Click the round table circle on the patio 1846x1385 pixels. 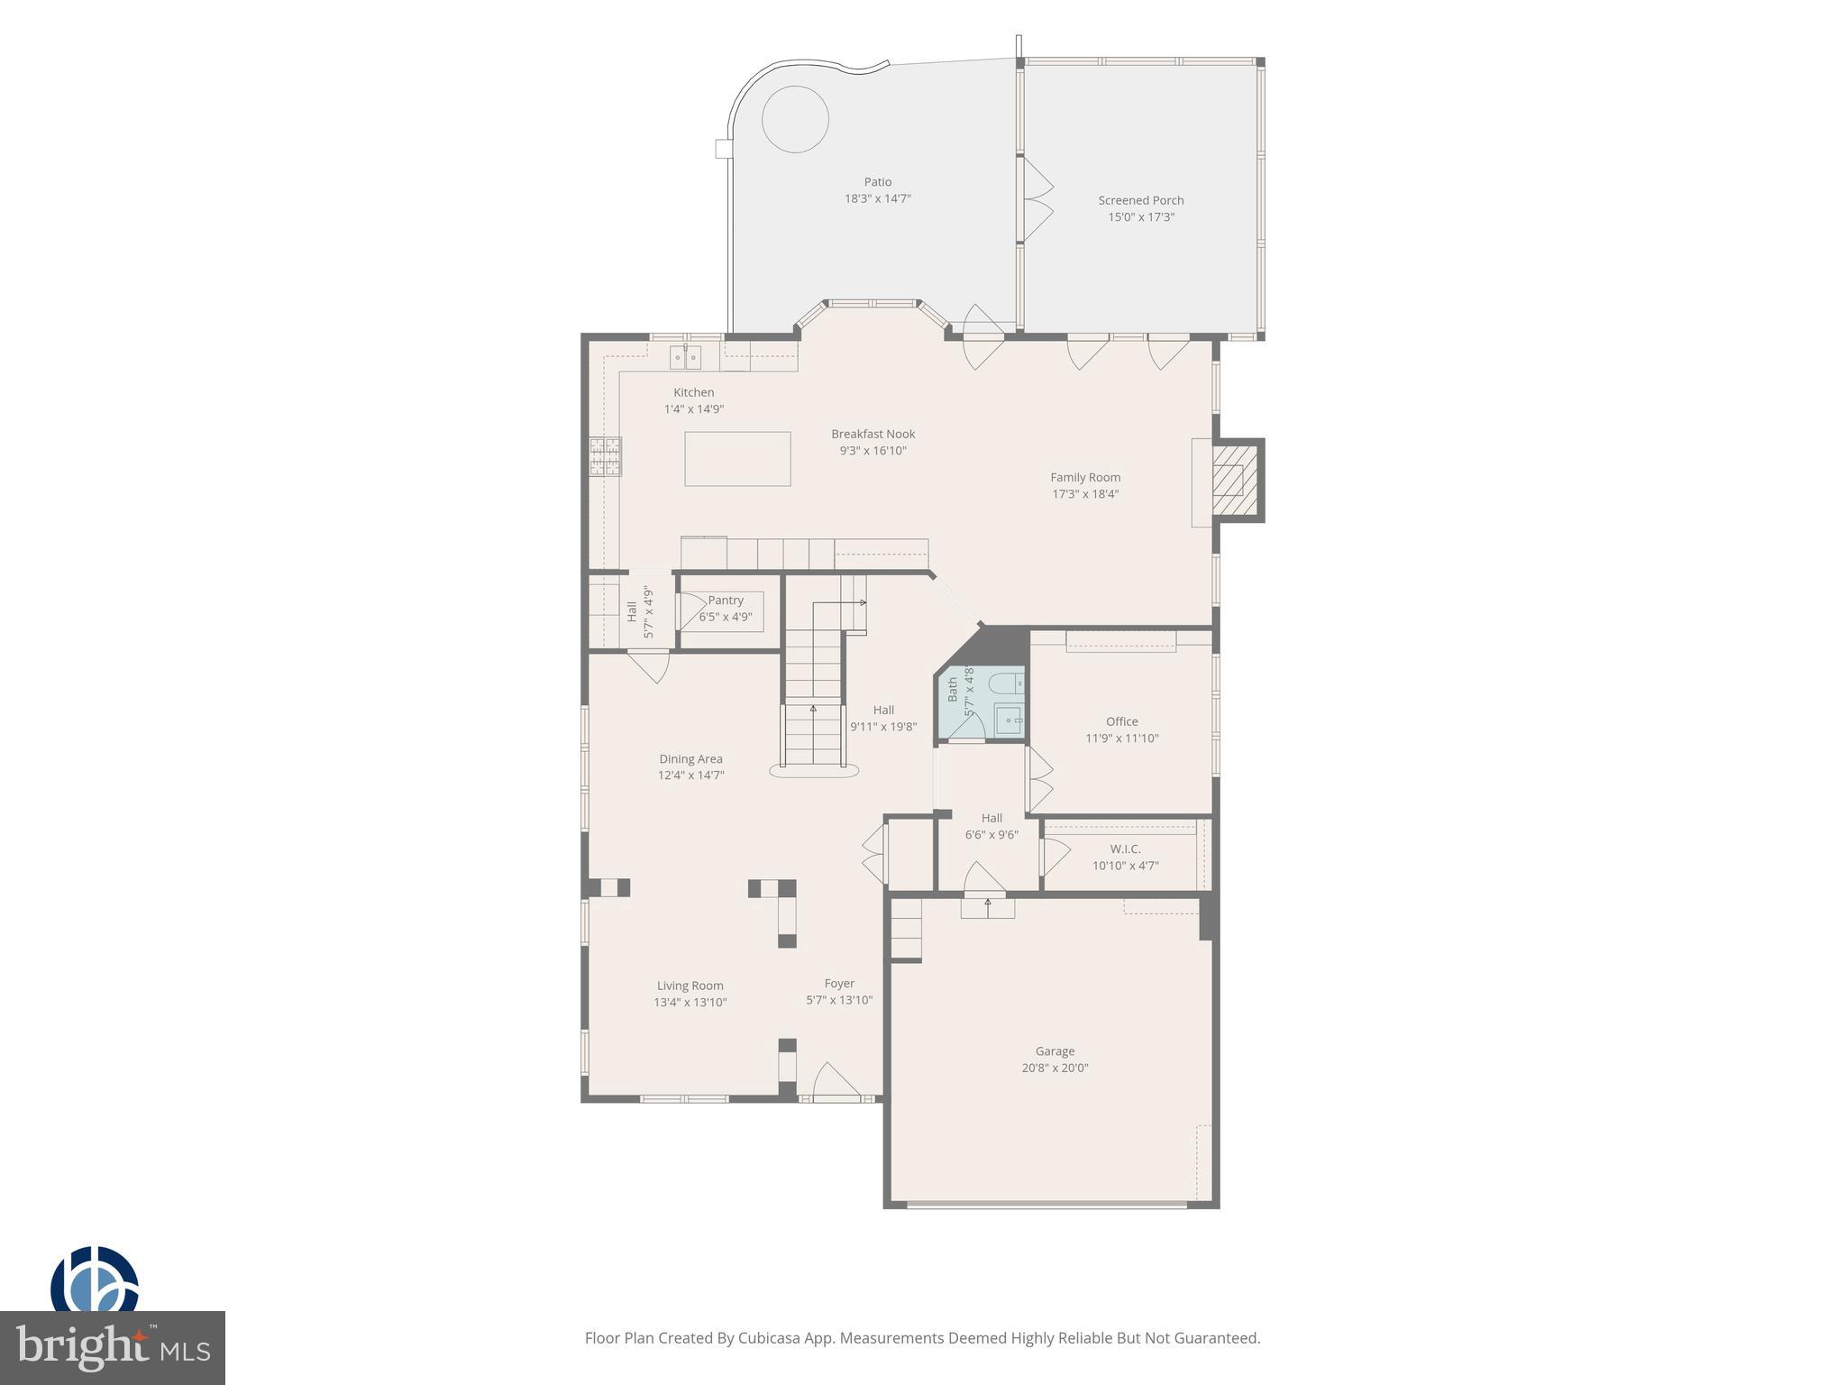(x=795, y=120)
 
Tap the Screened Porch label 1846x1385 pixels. (x=1140, y=200)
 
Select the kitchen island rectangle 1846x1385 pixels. (x=737, y=459)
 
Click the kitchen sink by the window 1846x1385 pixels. (x=685, y=358)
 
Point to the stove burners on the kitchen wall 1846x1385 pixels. (x=606, y=455)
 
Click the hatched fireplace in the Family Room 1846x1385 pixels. (x=1228, y=481)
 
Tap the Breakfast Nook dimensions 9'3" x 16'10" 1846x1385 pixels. (x=873, y=451)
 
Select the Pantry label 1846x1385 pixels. (x=726, y=601)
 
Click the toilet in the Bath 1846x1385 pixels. (x=1005, y=685)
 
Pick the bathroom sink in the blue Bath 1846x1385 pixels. (x=1010, y=720)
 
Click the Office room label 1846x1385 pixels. (x=1121, y=721)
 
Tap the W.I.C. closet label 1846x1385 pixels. (x=1125, y=849)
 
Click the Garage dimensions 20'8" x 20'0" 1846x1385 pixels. (x=1055, y=1068)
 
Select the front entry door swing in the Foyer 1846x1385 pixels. (x=834, y=1082)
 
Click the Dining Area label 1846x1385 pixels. (x=690, y=759)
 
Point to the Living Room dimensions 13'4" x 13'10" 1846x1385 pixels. (x=690, y=1003)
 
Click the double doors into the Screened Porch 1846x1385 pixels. (x=1037, y=200)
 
